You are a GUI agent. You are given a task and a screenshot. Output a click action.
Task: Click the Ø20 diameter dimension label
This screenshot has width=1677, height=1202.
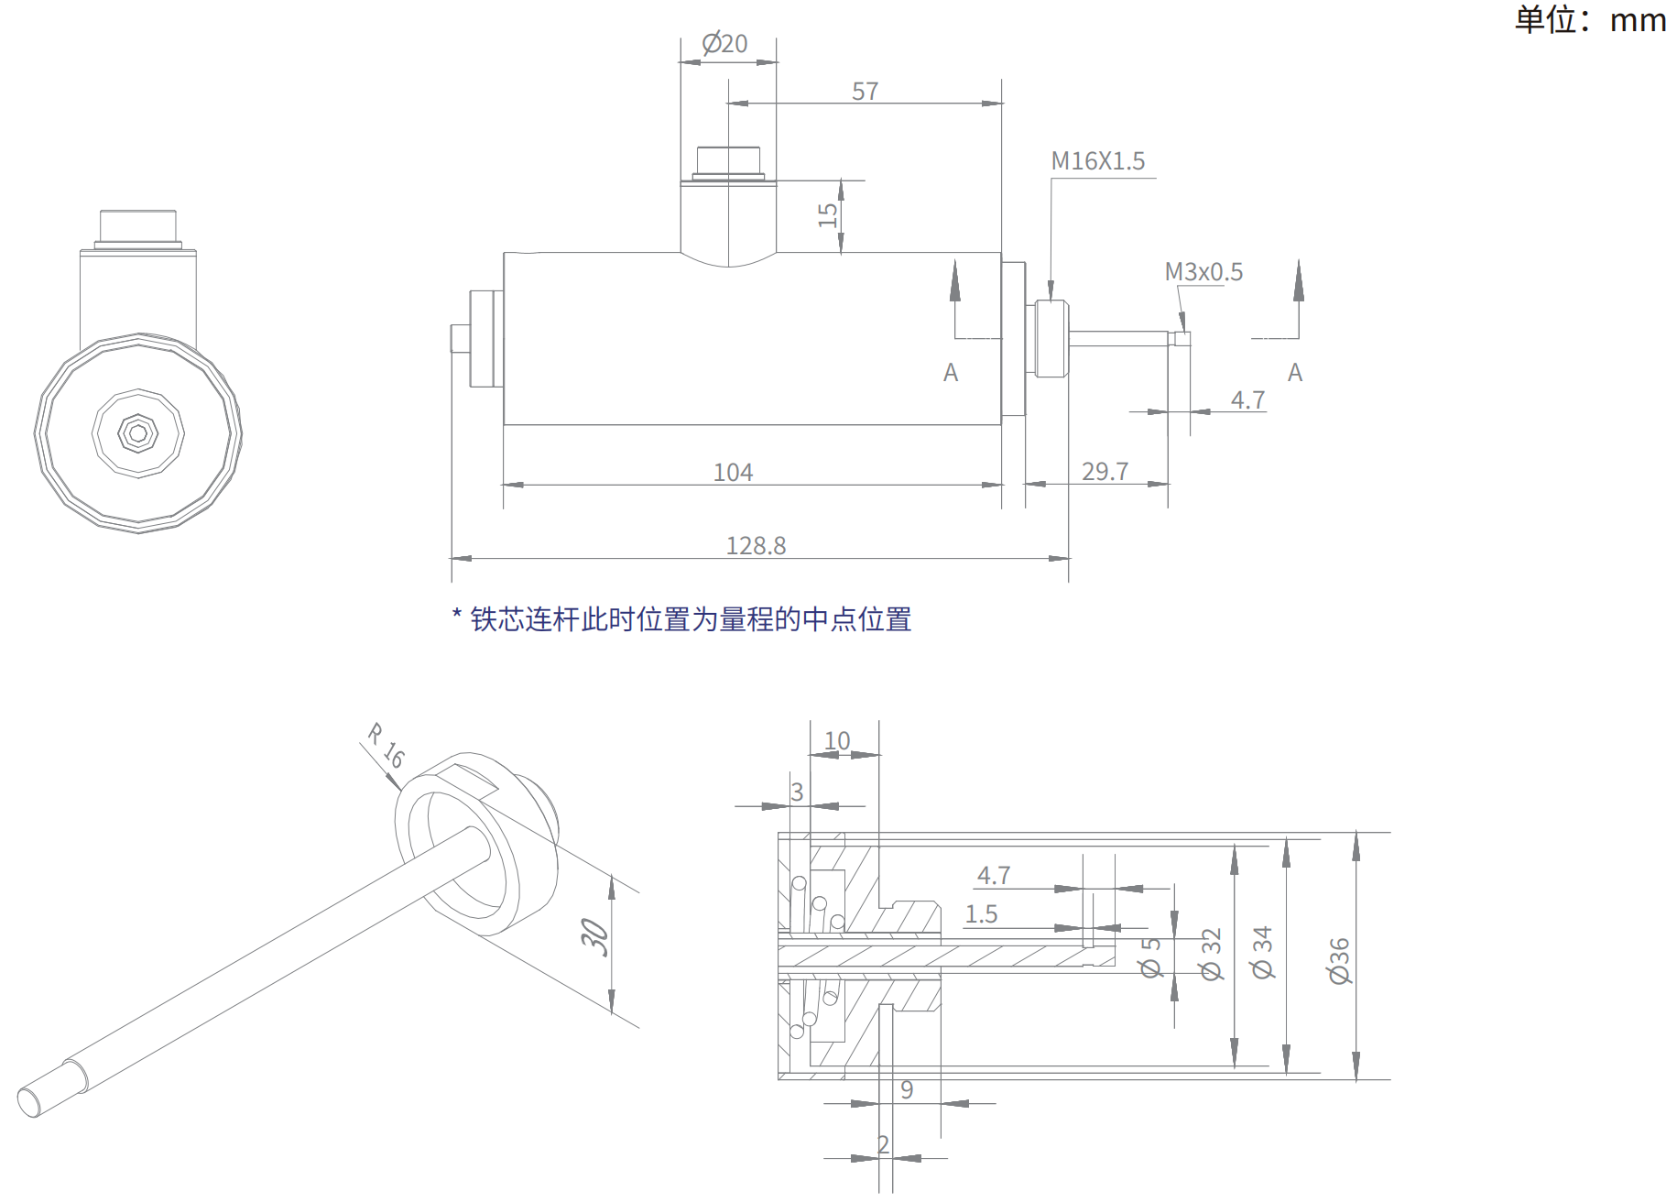tap(724, 43)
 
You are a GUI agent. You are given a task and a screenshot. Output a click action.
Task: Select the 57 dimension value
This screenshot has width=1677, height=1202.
tap(865, 92)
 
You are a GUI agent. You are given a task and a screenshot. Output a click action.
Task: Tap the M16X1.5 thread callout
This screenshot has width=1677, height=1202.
tap(1097, 161)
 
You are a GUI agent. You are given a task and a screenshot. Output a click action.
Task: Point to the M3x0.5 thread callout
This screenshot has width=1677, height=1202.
tap(1203, 272)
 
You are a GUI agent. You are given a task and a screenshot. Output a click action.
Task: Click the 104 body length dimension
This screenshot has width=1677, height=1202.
tap(733, 473)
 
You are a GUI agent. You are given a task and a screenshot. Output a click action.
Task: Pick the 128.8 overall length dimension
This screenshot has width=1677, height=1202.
tap(756, 546)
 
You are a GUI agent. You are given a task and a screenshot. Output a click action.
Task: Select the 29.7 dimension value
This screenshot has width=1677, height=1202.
tap(1105, 472)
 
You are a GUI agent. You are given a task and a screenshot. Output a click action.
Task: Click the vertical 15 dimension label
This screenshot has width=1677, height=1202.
tap(828, 215)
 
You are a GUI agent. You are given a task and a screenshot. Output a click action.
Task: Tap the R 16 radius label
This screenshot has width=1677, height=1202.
tap(386, 746)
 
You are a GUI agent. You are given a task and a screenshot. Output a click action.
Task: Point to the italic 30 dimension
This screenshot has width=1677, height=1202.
tap(595, 937)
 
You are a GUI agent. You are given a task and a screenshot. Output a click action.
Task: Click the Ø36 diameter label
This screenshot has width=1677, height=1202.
tap(1340, 960)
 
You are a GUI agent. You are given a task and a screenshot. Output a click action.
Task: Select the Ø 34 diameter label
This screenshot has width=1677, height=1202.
tap(1263, 953)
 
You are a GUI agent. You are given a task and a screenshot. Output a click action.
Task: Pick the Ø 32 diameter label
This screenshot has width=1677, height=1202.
tap(1211, 955)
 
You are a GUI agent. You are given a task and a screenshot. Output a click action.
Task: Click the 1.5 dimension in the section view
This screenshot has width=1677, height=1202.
tap(981, 914)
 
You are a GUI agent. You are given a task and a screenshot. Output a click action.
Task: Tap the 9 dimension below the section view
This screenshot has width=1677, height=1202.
tap(907, 1089)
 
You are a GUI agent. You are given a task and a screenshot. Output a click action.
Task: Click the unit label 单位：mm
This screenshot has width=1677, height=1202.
tap(1590, 19)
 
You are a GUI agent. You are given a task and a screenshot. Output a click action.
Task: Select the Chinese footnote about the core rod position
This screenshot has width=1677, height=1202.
tap(682, 619)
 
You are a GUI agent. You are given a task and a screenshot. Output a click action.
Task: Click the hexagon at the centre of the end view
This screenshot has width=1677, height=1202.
tap(138, 433)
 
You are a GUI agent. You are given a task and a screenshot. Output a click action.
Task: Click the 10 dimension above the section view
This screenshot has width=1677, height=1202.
tap(837, 740)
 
